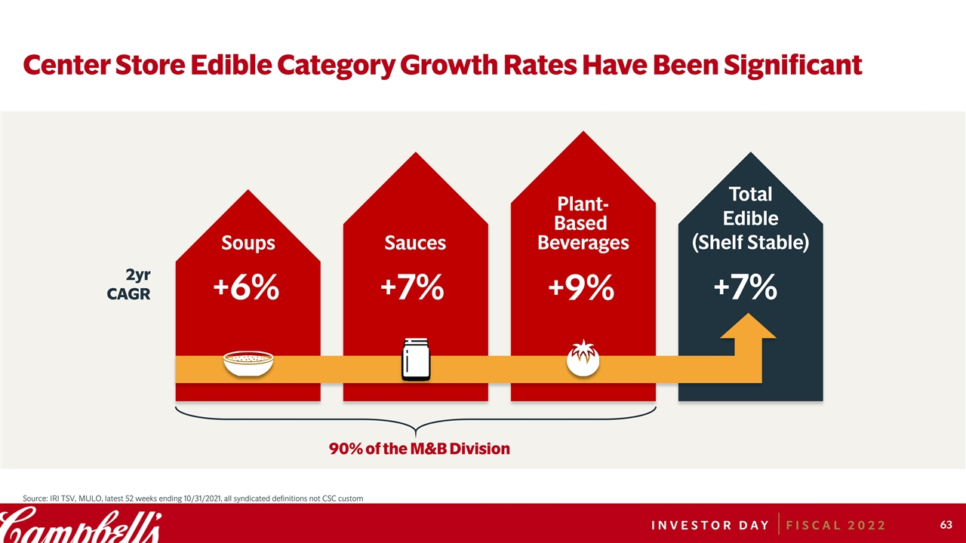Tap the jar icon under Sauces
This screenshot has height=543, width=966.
click(416, 360)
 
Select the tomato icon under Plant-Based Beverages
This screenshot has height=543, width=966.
click(583, 359)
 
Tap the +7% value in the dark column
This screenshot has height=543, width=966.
click(746, 287)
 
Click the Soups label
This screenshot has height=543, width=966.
click(248, 243)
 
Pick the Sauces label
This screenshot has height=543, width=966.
click(415, 243)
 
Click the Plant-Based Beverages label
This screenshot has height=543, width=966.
click(583, 223)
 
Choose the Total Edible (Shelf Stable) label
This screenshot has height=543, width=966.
click(751, 219)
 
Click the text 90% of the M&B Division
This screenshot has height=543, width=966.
click(420, 449)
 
